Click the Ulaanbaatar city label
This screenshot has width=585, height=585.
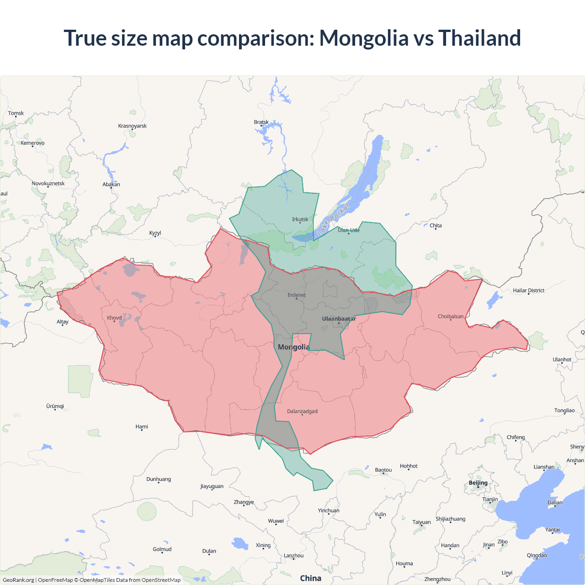click(339, 319)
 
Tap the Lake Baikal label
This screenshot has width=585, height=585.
click(333, 219)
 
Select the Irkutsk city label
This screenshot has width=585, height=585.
click(300, 219)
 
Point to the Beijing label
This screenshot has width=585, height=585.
click(478, 483)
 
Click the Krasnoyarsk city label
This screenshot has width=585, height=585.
click(133, 126)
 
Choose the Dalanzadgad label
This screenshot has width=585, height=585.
click(302, 411)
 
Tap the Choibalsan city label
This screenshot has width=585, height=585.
click(451, 316)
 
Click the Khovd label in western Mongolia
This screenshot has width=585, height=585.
click(114, 318)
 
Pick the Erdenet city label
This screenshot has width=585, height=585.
click(297, 295)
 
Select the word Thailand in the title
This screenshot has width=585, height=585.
click(479, 38)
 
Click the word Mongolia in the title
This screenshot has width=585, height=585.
click(364, 38)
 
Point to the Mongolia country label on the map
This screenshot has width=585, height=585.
click(293, 347)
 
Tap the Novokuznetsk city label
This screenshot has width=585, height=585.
click(48, 183)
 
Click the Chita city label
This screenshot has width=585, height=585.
click(436, 225)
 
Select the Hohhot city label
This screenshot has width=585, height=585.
click(409, 466)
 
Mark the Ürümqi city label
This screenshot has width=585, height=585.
click(55, 406)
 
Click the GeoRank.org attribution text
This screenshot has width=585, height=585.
click(18, 580)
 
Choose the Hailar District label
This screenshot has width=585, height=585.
click(528, 290)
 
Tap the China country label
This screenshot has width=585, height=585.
click(310, 578)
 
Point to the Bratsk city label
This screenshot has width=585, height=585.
click(261, 122)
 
